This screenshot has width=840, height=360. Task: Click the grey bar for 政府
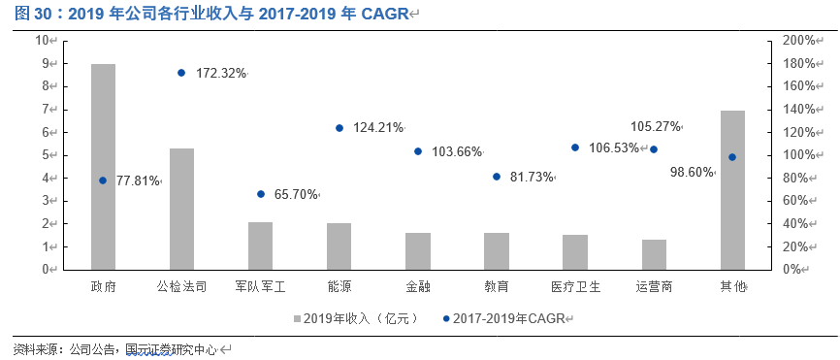103,167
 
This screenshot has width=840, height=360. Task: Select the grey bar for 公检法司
181,209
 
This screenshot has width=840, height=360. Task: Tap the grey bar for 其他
732,190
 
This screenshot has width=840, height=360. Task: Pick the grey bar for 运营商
654,254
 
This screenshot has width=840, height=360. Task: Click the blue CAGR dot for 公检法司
181,73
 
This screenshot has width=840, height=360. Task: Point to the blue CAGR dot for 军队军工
260,194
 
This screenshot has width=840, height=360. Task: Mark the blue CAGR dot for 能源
339,128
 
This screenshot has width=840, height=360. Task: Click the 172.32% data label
221,74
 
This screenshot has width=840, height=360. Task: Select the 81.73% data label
532,178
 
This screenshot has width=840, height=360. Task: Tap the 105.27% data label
656,126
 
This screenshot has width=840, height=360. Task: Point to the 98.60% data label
692,172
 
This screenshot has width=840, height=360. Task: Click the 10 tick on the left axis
42,40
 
